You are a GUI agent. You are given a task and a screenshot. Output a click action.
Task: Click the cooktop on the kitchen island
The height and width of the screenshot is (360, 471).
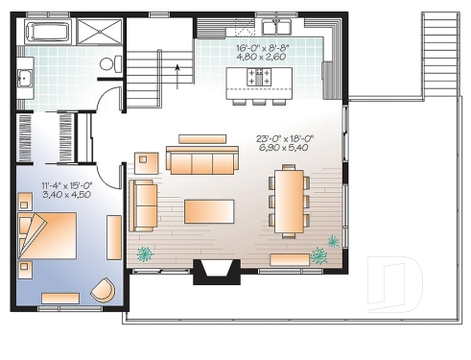point(257,75)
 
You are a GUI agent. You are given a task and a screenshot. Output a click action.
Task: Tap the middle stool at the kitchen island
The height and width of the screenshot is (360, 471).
point(259,99)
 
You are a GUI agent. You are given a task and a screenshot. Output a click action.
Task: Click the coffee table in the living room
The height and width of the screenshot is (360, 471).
point(209,211)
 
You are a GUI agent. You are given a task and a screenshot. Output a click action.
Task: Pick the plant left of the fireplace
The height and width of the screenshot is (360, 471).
point(146,254)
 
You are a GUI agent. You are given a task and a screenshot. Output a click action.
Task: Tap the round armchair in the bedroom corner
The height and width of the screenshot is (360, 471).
point(103,288)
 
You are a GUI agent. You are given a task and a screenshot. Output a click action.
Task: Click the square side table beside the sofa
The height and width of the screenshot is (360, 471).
point(146,163)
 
